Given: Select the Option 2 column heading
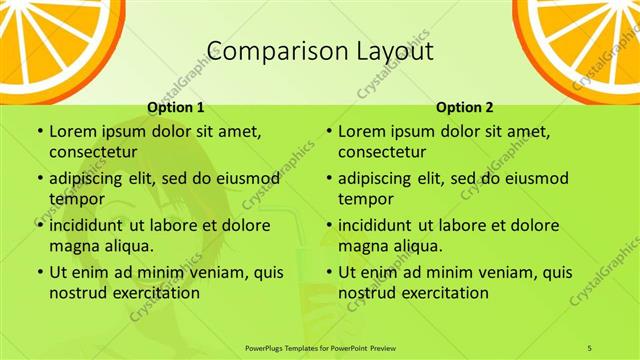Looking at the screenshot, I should (464, 106).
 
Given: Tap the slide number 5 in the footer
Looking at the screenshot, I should (590, 347).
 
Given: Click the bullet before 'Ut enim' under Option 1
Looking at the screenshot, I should (39, 272).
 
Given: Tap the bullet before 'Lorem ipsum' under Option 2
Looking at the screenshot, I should (328, 132).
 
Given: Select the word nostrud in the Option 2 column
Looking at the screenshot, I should (366, 293).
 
